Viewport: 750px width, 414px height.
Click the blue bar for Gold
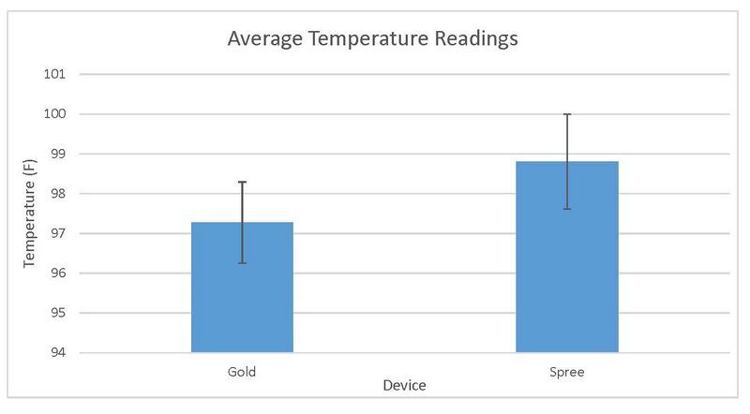coord(242,290)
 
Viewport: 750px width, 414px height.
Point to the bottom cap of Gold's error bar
coord(242,263)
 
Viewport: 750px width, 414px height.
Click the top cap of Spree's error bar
coord(566,114)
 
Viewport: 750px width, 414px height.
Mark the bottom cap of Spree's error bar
coord(566,209)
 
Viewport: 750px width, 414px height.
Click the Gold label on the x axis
coord(242,372)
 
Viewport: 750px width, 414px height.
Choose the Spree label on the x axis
coord(566,372)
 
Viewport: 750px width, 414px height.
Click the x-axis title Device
coord(404,386)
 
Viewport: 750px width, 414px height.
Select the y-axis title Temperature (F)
coord(29,214)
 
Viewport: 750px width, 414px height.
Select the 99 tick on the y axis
coord(68,154)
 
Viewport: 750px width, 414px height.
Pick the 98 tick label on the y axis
coord(68,194)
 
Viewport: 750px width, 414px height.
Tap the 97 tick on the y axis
coord(68,233)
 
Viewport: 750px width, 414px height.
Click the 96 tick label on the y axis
coord(68,274)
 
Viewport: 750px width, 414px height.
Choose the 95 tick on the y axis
coord(68,313)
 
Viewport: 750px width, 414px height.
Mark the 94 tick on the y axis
coord(68,353)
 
